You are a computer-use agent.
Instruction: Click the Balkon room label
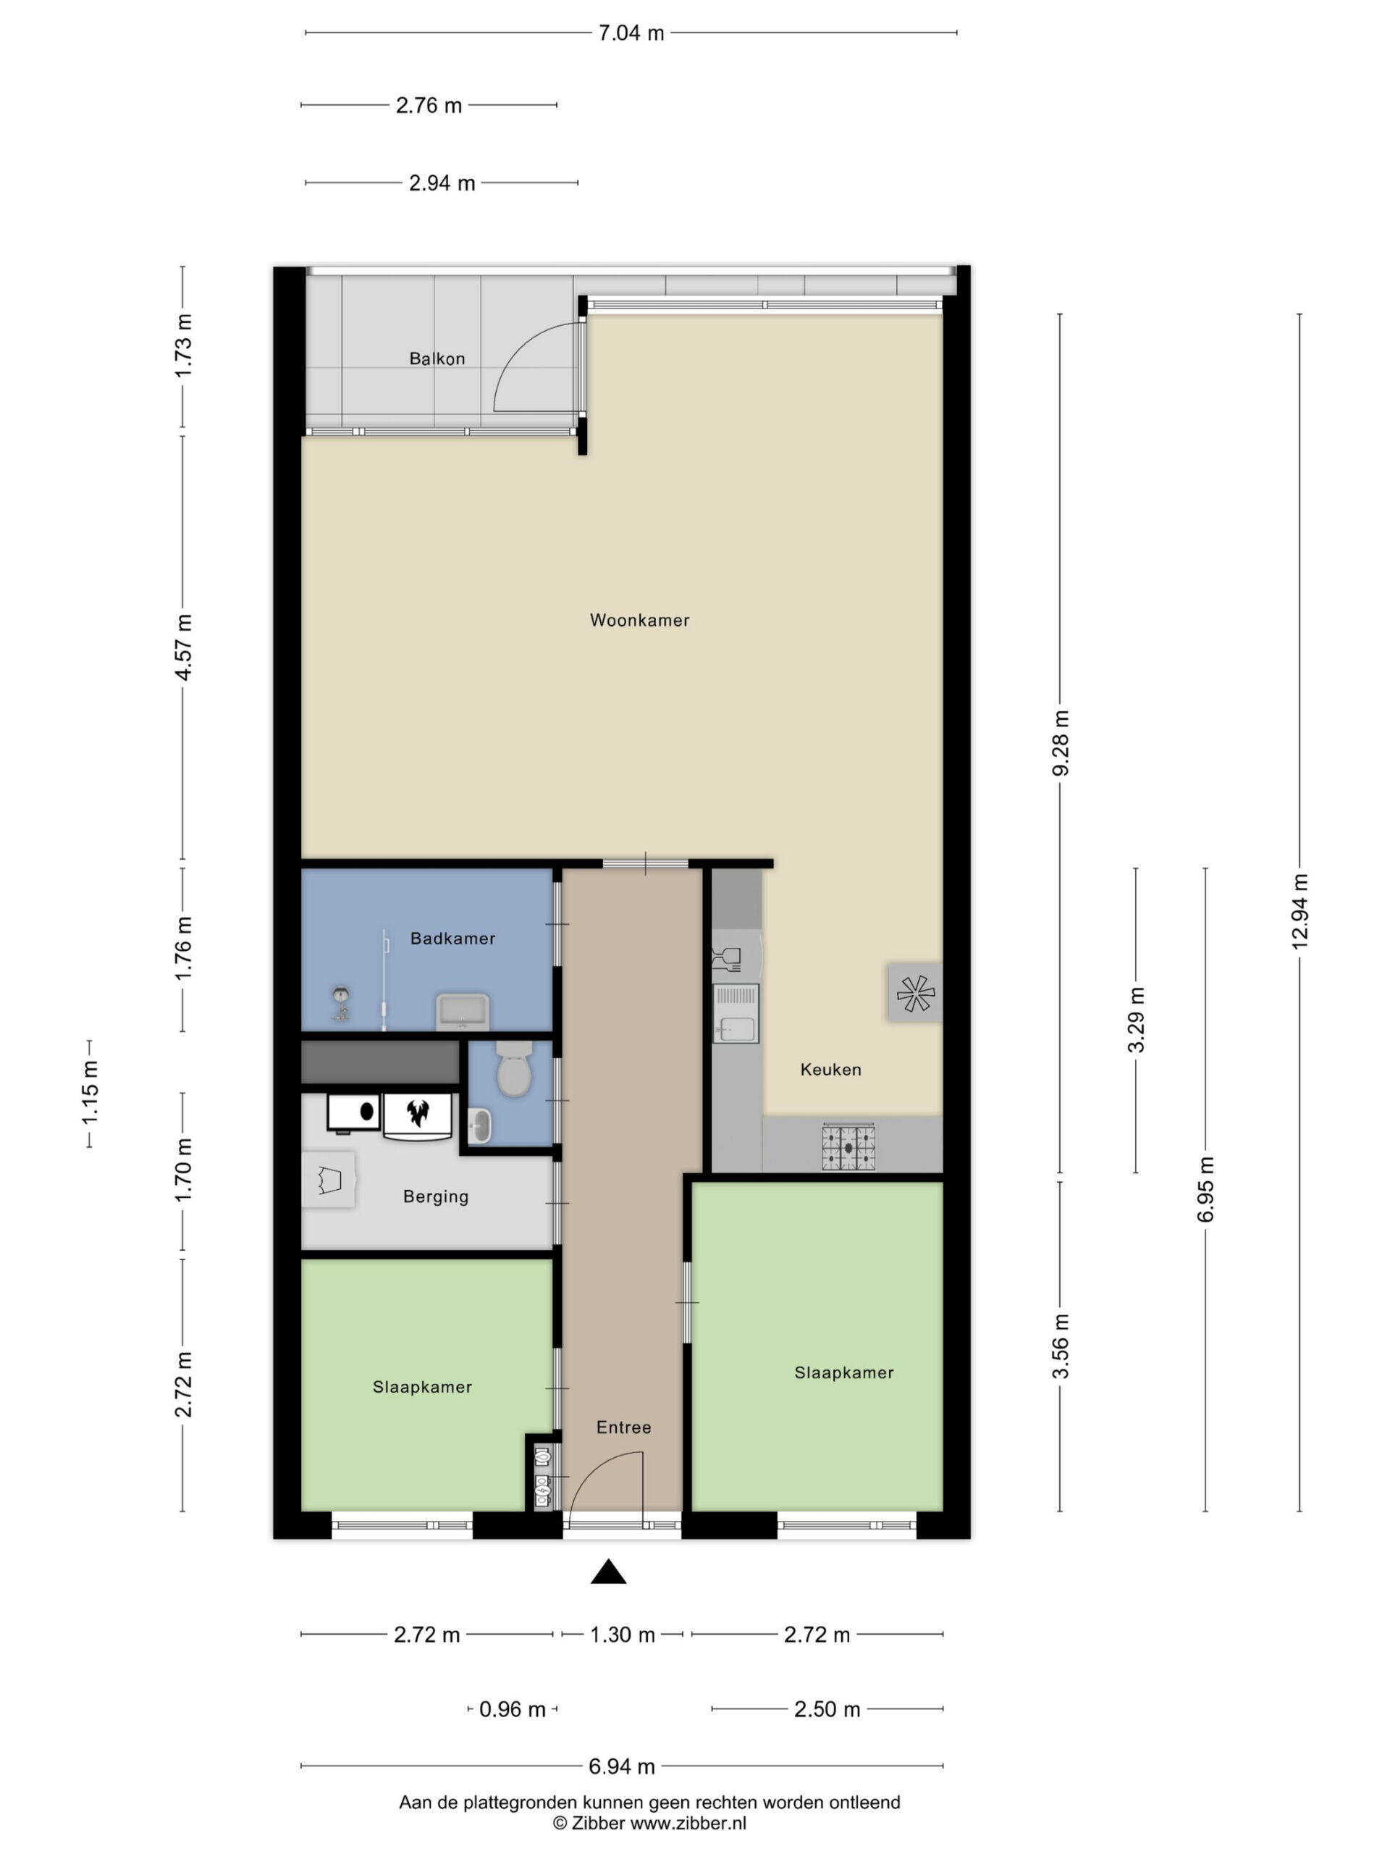click(437, 358)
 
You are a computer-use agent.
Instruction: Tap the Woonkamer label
click(639, 620)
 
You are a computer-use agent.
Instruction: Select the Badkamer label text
click(452, 939)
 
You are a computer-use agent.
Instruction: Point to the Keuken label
click(830, 1070)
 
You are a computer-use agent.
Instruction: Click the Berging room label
click(436, 1197)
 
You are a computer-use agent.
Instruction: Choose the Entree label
click(623, 1427)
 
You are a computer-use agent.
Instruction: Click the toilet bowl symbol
click(513, 1070)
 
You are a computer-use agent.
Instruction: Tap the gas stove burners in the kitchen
click(848, 1147)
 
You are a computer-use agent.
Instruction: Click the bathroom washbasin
click(462, 1012)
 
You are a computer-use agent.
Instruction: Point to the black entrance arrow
click(608, 1572)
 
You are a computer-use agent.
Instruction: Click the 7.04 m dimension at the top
click(631, 33)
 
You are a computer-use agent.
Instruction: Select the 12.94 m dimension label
click(1300, 912)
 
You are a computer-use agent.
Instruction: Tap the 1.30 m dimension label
click(623, 1635)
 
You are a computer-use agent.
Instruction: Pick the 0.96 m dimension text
click(512, 1709)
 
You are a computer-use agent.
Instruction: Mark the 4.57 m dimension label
click(183, 647)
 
